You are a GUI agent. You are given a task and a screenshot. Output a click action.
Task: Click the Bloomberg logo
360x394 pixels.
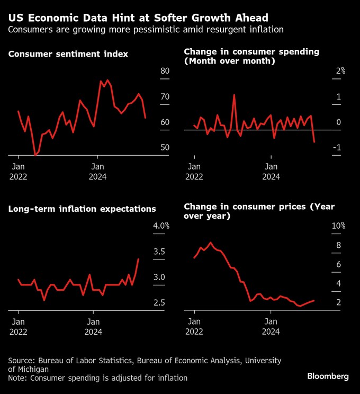pyautogui.click(x=328, y=376)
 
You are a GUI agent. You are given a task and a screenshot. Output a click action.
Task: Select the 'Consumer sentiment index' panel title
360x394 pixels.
pyautogui.click(x=68, y=54)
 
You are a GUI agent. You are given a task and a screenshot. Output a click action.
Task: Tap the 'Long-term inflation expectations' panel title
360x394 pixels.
pyautogui.click(x=82, y=209)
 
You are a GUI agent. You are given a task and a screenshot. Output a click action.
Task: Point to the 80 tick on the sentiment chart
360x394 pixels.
pyautogui.click(x=164, y=71)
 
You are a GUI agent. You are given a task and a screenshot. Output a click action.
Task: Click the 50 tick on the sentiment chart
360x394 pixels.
pyautogui.click(x=164, y=147)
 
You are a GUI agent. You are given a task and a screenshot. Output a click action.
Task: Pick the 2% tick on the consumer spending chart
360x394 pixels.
pyautogui.click(x=340, y=71)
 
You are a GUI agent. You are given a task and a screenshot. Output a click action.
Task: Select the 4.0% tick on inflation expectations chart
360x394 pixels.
pyautogui.click(x=161, y=226)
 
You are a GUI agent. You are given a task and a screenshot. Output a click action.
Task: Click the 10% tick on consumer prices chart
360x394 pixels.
pyautogui.click(x=338, y=226)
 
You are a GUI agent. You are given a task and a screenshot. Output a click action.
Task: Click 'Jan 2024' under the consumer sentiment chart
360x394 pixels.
pyautogui.click(x=97, y=171)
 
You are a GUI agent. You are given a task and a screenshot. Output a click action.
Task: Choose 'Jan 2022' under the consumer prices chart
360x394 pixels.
pyautogui.click(x=195, y=326)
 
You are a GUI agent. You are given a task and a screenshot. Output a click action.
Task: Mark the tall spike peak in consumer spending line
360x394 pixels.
pyautogui.click(x=234, y=95)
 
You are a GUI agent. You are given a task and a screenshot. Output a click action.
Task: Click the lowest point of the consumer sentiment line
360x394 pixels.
pyautogui.click(x=35, y=155)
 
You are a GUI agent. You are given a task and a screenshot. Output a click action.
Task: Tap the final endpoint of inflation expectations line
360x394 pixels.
pyautogui.click(x=138, y=259)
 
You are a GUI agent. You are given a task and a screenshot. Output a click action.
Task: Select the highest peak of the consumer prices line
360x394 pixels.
pyautogui.click(x=211, y=243)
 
